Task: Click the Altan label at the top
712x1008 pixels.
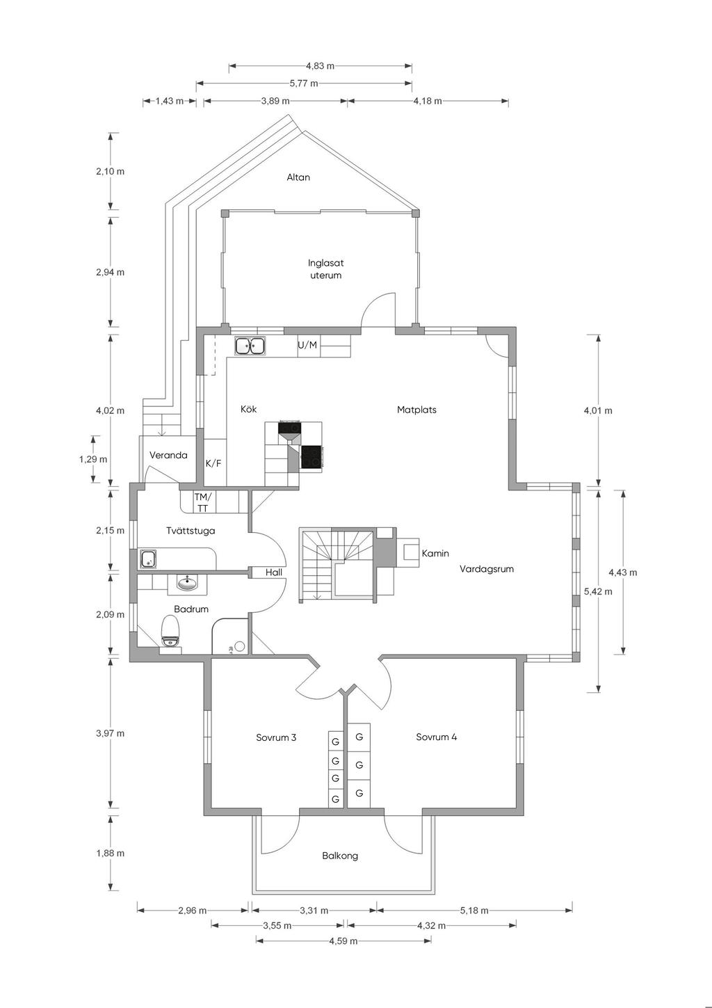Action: pyautogui.click(x=298, y=177)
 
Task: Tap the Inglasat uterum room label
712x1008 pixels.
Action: pyautogui.click(x=325, y=269)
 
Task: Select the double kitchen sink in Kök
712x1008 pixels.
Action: pyautogui.click(x=250, y=346)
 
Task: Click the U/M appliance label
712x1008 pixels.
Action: pyautogui.click(x=307, y=345)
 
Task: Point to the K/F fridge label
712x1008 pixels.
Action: pyautogui.click(x=213, y=463)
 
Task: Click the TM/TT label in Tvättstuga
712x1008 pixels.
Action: pyautogui.click(x=203, y=503)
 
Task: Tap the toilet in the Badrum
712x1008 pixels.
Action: pyautogui.click(x=170, y=632)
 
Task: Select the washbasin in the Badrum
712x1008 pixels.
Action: pyautogui.click(x=187, y=584)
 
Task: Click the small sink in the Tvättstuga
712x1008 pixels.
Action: pyautogui.click(x=148, y=559)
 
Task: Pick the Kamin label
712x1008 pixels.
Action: pyautogui.click(x=435, y=554)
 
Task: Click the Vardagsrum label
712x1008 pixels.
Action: pyautogui.click(x=486, y=569)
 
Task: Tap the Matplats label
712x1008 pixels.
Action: pyautogui.click(x=416, y=410)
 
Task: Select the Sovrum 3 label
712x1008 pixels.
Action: pyautogui.click(x=276, y=737)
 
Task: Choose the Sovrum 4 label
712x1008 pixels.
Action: pyautogui.click(x=436, y=737)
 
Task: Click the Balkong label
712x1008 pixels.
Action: pyautogui.click(x=340, y=856)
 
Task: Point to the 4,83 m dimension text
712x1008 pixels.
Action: pyautogui.click(x=321, y=66)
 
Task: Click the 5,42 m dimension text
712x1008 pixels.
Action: pyautogui.click(x=598, y=592)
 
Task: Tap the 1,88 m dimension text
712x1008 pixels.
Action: pyautogui.click(x=110, y=854)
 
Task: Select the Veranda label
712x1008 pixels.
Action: pyautogui.click(x=168, y=456)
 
